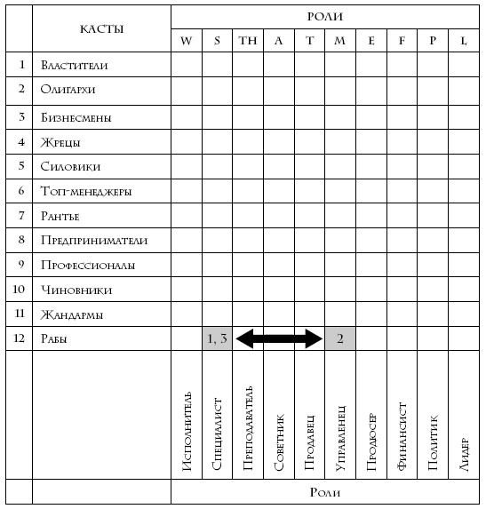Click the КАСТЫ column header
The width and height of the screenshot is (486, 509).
click(x=101, y=29)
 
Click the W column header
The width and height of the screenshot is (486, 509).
click(x=186, y=41)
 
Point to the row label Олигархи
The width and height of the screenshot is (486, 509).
click(x=68, y=90)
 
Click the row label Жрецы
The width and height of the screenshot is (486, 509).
click(x=60, y=142)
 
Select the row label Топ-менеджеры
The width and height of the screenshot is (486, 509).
click(x=85, y=191)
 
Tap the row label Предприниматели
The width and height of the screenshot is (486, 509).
click(x=93, y=240)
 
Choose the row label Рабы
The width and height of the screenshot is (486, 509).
click(x=54, y=338)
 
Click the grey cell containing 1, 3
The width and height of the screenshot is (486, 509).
click(x=217, y=338)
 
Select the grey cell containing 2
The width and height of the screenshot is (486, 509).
click(x=339, y=338)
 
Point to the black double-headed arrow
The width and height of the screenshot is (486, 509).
click(x=278, y=338)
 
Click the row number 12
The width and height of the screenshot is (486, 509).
click(x=19, y=338)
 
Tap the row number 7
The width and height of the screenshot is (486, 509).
click(x=19, y=216)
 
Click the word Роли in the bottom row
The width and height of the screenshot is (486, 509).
click(x=325, y=491)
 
